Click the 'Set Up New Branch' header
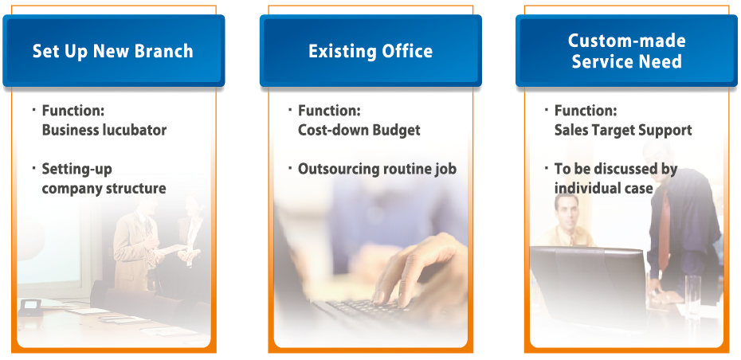tap(113, 51)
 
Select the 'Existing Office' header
tap(370, 51)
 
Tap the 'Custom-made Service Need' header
tap(626, 51)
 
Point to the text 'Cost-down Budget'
tap(359, 130)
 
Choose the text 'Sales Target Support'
tap(623, 130)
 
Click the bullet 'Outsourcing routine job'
tap(377, 169)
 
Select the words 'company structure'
tap(104, 189)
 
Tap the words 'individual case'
tap(603, 188)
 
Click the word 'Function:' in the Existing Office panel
tap(329, 111)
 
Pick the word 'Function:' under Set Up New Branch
tap(73, 111)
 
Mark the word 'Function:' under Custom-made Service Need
tap(586, 111)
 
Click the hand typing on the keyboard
tap(416, 269)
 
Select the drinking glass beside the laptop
tap(692, 295)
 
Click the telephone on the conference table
tap(31, 307)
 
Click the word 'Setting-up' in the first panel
tap(77, 169)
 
